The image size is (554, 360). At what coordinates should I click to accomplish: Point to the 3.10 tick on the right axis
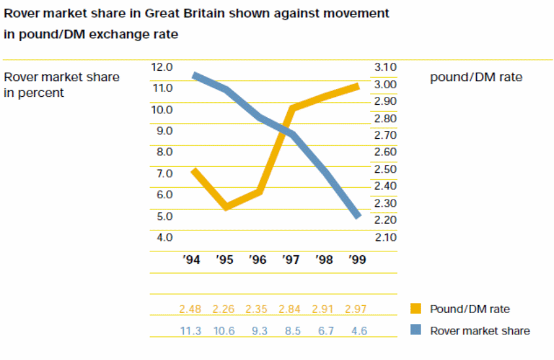tap(385, 67)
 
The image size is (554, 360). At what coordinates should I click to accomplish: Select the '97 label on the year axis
tap(291, 260)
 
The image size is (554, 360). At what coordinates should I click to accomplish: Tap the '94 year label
tap(191, 260)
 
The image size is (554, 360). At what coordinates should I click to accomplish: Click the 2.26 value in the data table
tap(225, 308)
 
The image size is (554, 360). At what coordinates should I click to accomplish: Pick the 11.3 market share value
tap(191, 331)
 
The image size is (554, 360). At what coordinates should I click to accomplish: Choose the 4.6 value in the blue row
tap(358, 331)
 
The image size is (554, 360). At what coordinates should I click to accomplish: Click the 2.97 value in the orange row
tap(358, 308)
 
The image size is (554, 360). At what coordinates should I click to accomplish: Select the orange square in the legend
tap(415, 308)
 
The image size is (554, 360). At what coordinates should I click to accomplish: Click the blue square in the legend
tap(415, 331)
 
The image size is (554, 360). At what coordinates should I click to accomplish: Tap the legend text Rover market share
tap(479, 331)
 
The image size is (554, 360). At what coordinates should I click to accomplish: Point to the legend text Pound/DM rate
tap(470, 308)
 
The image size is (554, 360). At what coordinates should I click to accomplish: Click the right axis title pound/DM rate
tap(476, 77)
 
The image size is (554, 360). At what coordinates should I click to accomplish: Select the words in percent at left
tap(34, 93)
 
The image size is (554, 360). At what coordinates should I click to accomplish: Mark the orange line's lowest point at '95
tap(226, 207)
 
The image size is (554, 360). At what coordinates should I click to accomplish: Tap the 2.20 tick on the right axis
tap(385, 220)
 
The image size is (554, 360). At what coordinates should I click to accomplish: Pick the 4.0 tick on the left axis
tap(164, 237)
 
